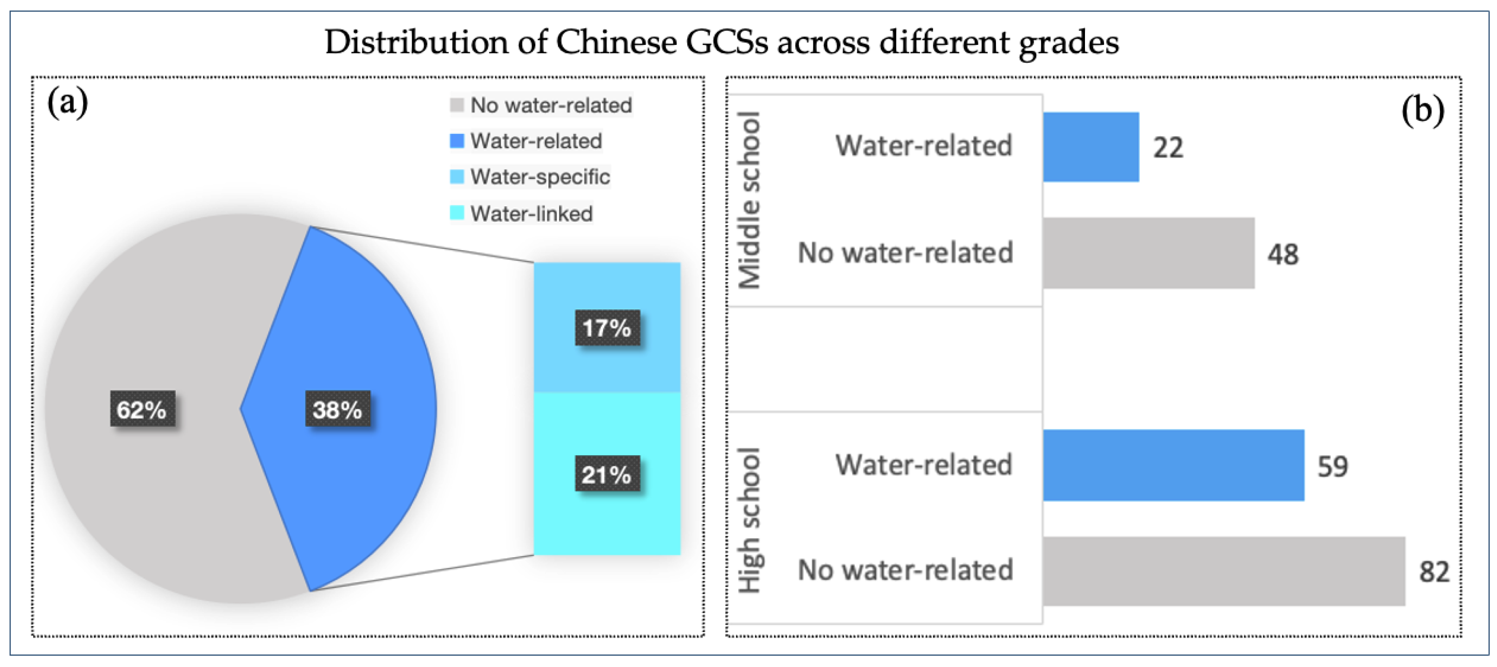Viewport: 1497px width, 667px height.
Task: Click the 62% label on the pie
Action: [142, 409]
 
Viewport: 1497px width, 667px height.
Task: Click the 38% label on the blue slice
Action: [338, 409]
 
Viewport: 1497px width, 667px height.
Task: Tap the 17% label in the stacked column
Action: [607, 327]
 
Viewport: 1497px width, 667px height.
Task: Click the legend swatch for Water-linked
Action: [457, 213]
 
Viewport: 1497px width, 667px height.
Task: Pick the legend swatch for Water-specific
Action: [457, 176]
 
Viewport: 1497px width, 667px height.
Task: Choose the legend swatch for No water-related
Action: [457, 105]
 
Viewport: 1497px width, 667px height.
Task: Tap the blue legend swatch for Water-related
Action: [457, 141]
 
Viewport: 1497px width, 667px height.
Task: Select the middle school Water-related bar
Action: [1091, 147]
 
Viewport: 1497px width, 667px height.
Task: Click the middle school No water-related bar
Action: [1148, 253]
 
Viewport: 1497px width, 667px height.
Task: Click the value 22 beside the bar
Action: [1168, 148]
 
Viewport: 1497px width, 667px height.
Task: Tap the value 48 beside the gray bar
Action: [1283, 254]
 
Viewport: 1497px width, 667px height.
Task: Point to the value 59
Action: [1332, 466]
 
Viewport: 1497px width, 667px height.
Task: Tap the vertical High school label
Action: [749, 520]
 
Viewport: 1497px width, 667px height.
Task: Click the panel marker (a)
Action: [67, 103]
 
